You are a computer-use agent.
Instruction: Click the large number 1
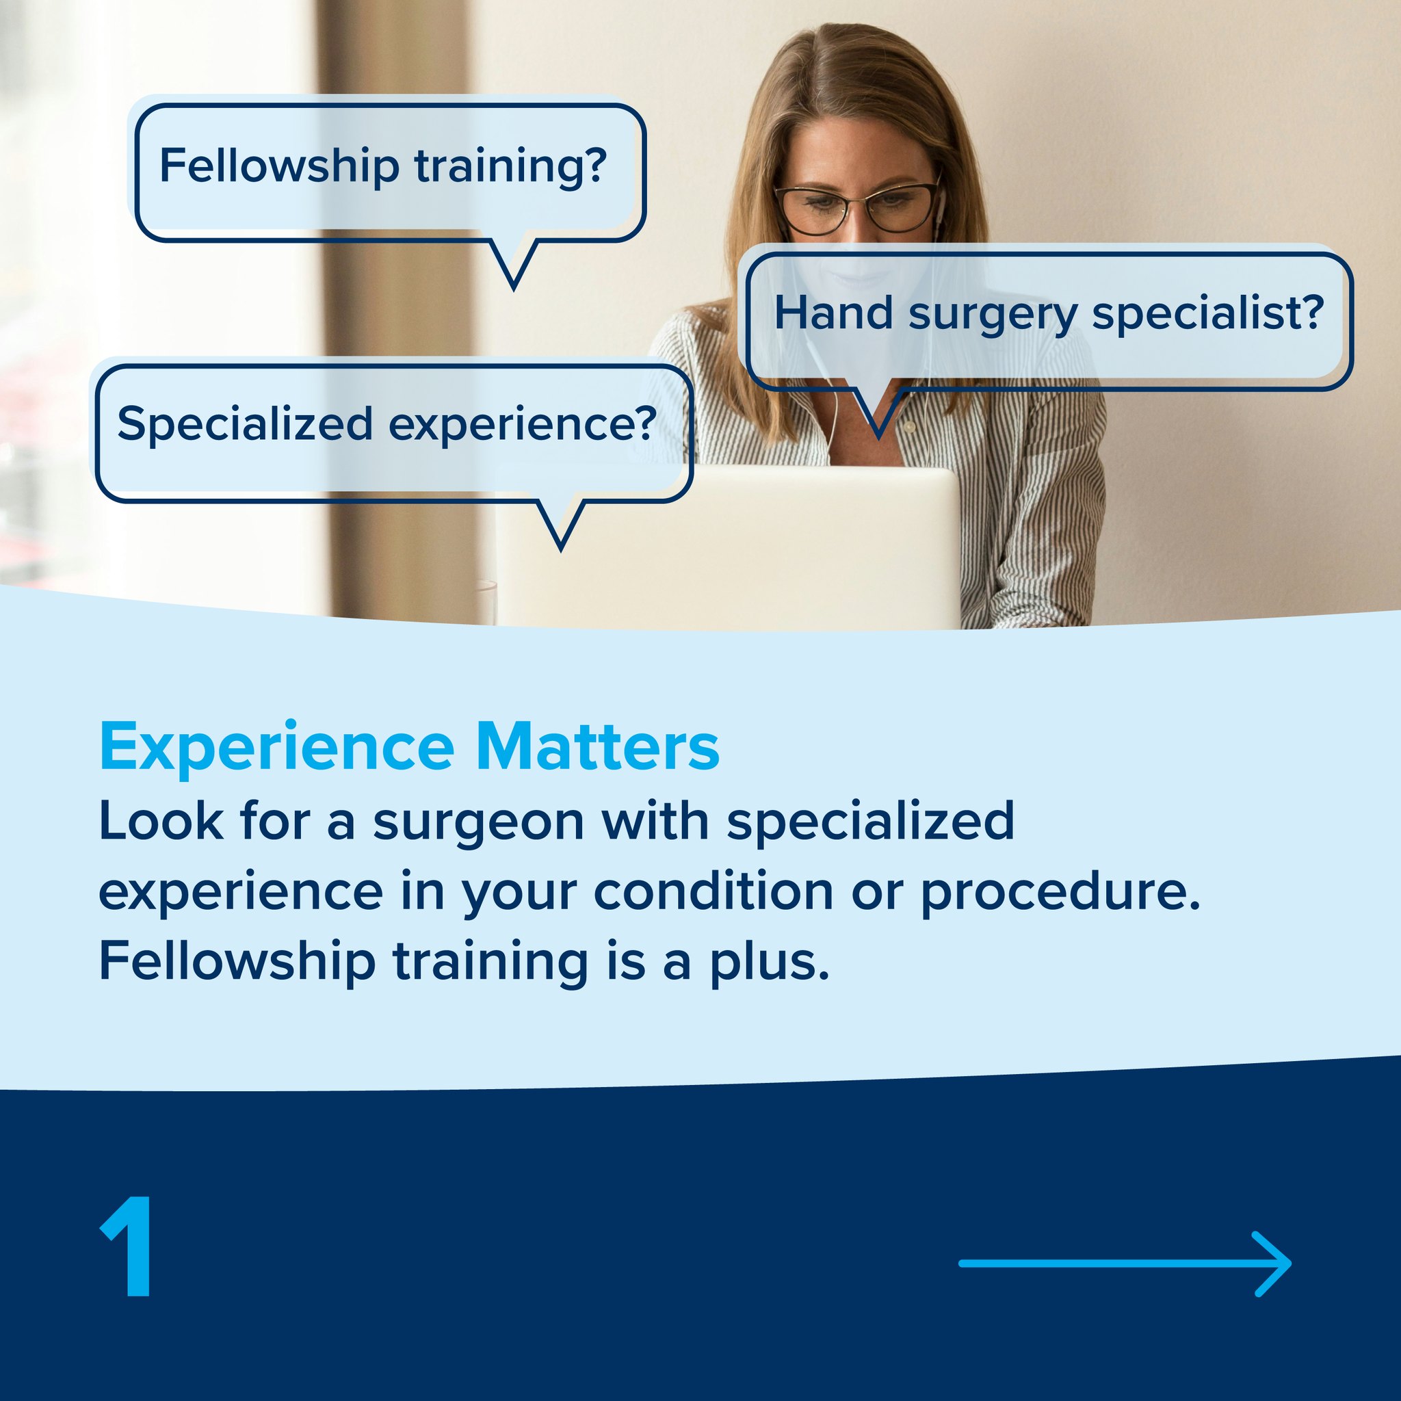128,1246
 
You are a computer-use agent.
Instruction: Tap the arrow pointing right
1125,1263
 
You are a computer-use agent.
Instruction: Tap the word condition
713,891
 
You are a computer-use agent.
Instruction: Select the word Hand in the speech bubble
833,313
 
